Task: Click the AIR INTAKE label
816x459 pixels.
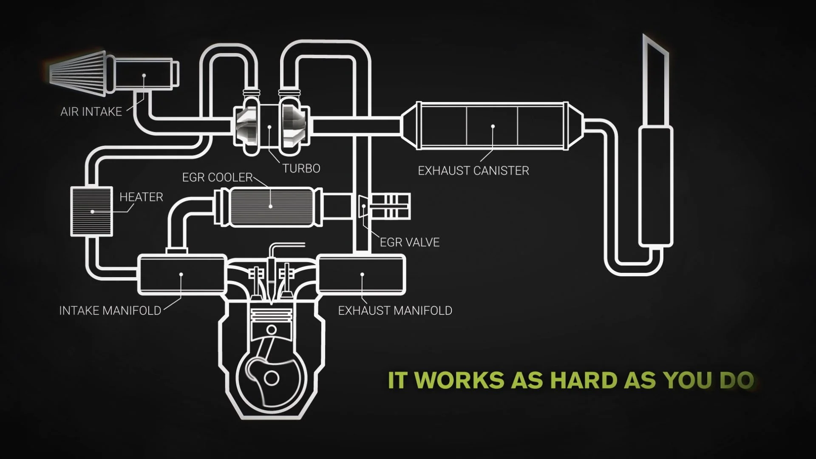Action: coord(91,112)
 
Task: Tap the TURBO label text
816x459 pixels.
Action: coord(301,169)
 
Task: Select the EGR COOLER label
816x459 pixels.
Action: coord(217,177)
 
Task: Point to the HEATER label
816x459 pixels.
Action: coord(141,197)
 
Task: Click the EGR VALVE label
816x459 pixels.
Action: coord(409,242)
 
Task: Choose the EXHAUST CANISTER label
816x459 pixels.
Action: coord(473,171)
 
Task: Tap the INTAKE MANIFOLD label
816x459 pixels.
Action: coord(110,311)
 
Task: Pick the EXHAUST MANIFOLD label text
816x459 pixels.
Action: coord(395,311)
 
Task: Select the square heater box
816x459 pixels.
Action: coord(92,211)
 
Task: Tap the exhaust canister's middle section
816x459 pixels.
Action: coord(492,126)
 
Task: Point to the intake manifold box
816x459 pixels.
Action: coord(181,275)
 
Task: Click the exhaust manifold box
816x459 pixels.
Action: coord(362,275)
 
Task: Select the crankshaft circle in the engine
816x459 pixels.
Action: coord(271,378)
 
